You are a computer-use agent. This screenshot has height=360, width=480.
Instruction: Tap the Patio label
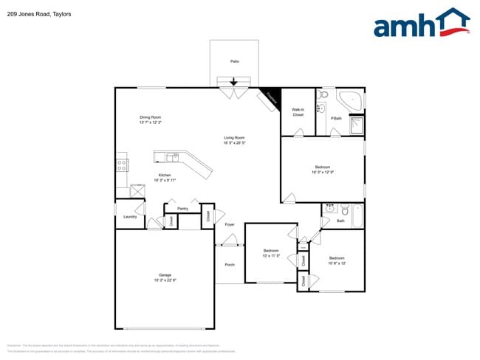tap(235, 61)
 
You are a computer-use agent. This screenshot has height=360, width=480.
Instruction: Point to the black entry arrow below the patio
tap(235, 82)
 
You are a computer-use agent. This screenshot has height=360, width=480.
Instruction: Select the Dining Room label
tap(151, 117)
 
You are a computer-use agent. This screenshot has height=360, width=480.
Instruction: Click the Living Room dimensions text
tap(235, 142)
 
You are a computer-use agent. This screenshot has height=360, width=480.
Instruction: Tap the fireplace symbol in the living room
tap(269, 97)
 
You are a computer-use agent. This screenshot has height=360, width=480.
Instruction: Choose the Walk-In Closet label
tap(298, 113)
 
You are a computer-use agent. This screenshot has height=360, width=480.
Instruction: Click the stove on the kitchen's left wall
tap(121, 165)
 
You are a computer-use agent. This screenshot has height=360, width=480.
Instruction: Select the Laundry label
tap(130, 217)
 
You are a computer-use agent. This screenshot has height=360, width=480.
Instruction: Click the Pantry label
tap(182, 209)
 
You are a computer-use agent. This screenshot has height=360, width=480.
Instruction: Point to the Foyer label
tap(230, 224)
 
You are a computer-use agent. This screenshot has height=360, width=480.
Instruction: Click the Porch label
tap(230, 264)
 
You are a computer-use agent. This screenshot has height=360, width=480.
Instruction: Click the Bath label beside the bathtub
tap(340, 221)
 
